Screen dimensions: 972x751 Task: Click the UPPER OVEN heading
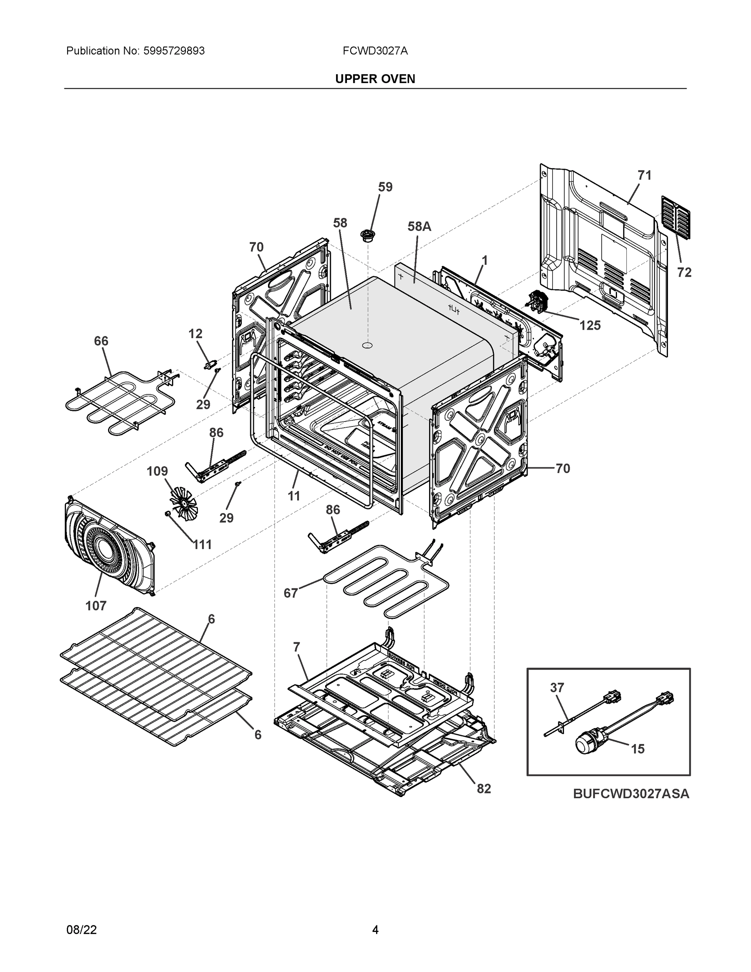(374, 79)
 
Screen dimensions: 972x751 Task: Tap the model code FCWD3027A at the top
(374, 51)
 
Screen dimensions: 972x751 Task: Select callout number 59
(385, 187)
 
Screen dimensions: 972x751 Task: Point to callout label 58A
(419, 226)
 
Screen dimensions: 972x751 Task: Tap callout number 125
(589, 325)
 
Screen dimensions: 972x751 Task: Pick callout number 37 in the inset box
(557, 688)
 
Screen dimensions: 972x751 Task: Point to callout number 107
(96, 605)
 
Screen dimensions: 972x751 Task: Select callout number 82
(484, 789)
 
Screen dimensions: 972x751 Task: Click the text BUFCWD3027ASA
(631, 793)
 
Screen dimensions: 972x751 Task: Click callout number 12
(195, 333)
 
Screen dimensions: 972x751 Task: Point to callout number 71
(644, 175)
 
